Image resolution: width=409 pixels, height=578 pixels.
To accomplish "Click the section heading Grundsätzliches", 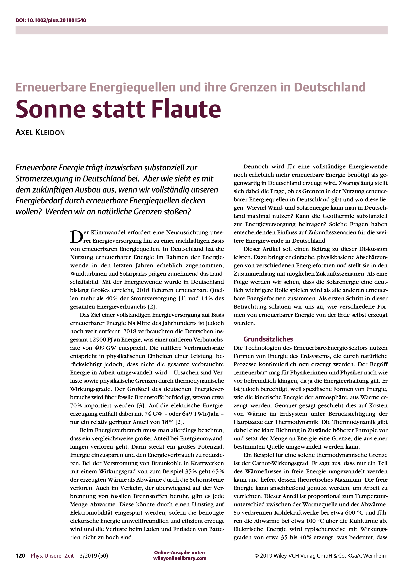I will (268, 339).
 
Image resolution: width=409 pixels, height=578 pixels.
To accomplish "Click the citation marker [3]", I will (140, 406).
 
